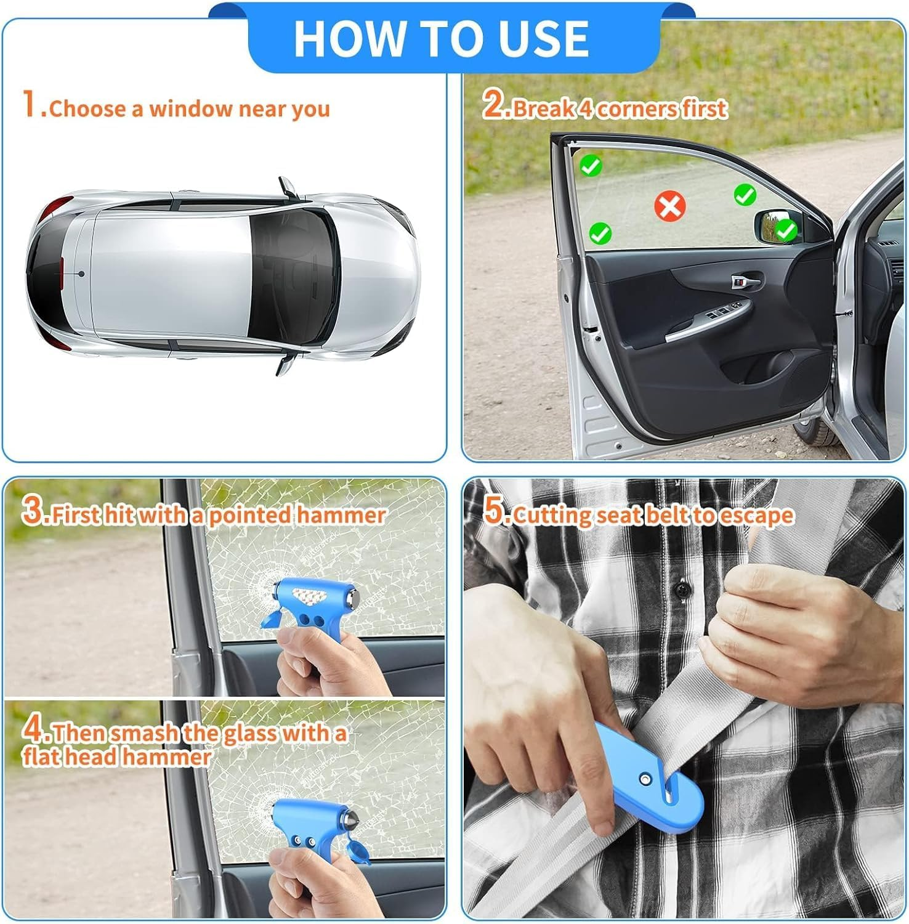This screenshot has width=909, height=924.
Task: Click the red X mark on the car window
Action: (670, 205)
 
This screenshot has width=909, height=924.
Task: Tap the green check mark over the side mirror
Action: (785, 231)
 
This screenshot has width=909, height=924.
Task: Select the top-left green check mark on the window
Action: (591, 165)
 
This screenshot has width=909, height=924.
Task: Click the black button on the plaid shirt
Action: (681, 589)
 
